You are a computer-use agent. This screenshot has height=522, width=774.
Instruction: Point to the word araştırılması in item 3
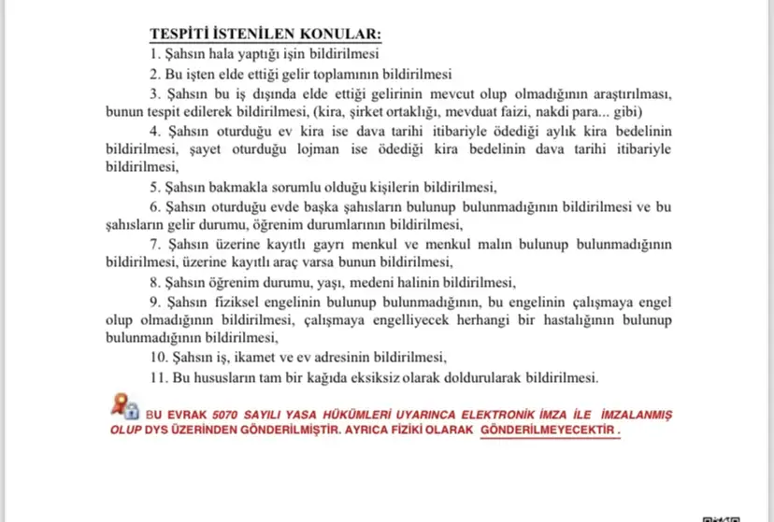[623, 94]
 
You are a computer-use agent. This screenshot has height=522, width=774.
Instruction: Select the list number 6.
[155, 206]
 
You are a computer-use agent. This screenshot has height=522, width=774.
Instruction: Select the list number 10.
[158, 358]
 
